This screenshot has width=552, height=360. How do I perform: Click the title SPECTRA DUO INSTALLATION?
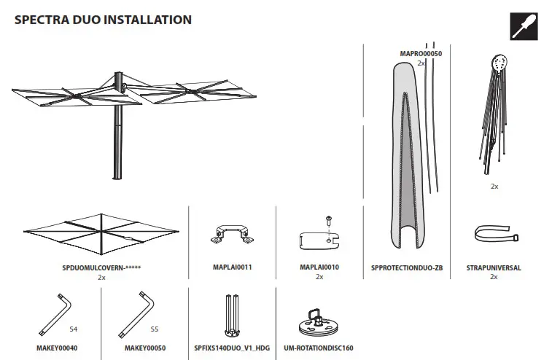tap(103, 20)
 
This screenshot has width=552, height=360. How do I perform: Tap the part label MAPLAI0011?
tap(232, 267)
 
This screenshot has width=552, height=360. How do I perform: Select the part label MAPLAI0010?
tap(319, 267)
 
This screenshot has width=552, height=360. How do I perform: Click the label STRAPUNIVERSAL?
tap(494, 268)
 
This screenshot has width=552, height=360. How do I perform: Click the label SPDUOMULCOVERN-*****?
tap(101, 268)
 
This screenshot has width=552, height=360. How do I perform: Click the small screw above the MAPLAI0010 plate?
tap(329, 219)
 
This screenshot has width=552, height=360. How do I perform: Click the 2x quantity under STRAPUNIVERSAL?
tap(494, 277)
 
